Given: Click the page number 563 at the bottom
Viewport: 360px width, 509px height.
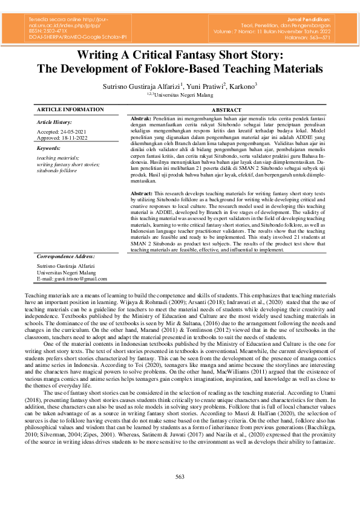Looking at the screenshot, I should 180,477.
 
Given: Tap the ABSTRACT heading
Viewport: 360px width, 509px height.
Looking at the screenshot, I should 227,110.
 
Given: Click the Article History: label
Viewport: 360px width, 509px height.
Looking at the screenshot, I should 54,122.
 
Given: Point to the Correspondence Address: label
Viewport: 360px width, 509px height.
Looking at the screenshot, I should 65,256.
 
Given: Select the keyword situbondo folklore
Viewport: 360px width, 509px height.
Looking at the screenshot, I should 57,170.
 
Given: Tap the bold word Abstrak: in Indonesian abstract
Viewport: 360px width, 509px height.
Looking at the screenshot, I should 141,118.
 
